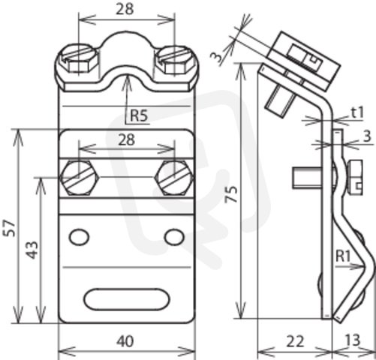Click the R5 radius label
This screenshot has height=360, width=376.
coord(140,115)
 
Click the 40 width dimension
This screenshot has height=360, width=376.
coord(125,341)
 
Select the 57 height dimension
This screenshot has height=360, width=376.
coord(9,228)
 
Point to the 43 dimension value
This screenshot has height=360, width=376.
coord(33,250)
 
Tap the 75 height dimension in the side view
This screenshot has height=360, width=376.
coord(232,194)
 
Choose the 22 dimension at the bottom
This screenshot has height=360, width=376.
coord(295,341)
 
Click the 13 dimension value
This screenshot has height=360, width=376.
coord(353,340)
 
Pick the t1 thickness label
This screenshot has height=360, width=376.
coord(357,112)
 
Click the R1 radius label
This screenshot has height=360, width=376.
coord(343,256)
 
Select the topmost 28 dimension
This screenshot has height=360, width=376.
coord(125,10)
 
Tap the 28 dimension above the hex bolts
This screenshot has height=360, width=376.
coord(127,140)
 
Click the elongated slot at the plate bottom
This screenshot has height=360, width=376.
coord(127,299)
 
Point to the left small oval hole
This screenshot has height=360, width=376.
coord(79,237)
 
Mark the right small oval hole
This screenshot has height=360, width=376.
coord(175,237)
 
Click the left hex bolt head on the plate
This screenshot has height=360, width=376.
coord(80,178)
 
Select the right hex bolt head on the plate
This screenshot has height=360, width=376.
coord(174,178)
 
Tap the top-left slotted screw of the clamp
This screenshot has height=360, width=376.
coord(78,59)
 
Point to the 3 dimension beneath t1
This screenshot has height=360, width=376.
coord(367,136)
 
